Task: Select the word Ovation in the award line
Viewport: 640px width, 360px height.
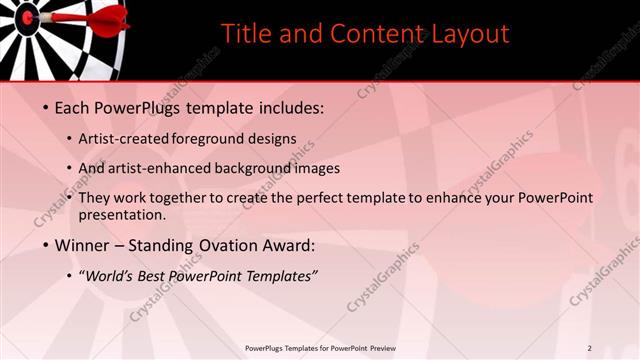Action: [225, 245]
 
